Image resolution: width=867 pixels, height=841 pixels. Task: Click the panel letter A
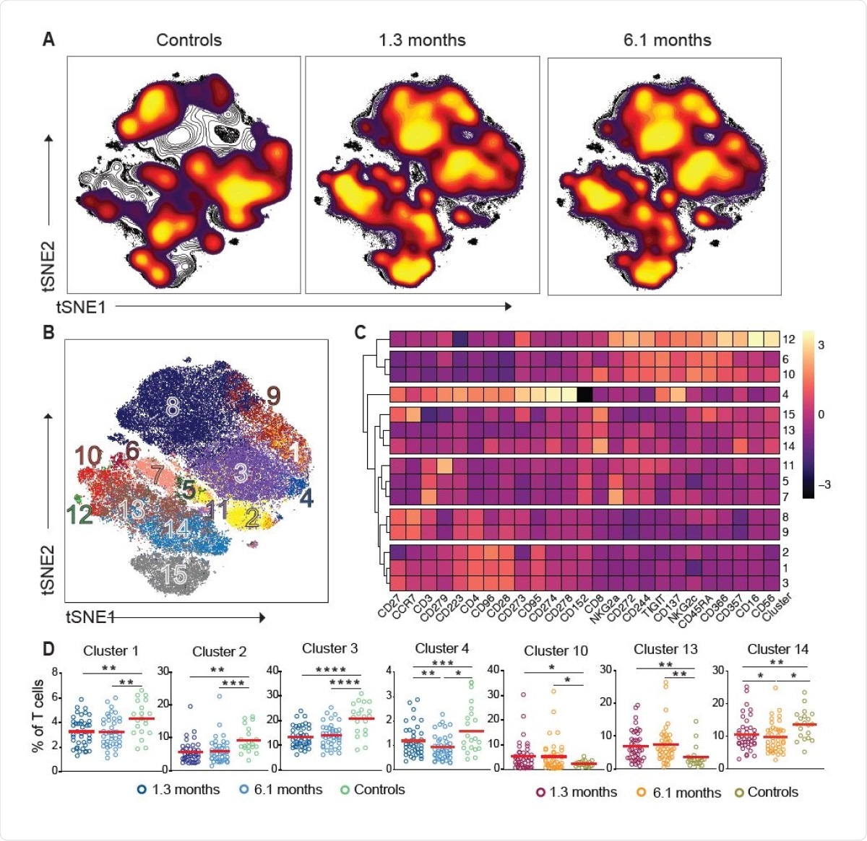tap(48, 39)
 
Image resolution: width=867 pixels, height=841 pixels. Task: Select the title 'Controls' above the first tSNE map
tap(189, 40)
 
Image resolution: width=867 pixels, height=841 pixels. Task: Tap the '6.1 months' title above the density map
tap(667, 40)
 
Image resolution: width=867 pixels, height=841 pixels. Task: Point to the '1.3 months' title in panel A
tap(422, 40)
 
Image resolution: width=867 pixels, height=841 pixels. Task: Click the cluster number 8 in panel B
tap(172, 408)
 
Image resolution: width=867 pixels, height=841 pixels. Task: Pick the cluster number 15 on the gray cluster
tap(174, 575)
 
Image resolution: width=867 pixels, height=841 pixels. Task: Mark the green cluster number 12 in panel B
tap(80, 515)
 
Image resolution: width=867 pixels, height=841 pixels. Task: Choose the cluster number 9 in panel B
tap(272, 396)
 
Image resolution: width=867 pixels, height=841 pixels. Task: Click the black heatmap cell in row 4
tap(585, 394)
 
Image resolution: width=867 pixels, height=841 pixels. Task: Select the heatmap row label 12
tap(788, 339)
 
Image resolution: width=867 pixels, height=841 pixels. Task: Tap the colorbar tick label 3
tap(821, 345)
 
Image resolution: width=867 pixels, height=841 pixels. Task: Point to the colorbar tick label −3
tap(823, 484)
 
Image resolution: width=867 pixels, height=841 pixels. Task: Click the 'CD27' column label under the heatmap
tap(387, 609)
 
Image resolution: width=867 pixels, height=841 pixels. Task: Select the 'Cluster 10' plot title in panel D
tap(556, 651)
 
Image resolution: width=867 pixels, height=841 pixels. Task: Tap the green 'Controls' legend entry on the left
tap(372, 790)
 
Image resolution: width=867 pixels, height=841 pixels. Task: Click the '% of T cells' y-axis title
tap(38, 720)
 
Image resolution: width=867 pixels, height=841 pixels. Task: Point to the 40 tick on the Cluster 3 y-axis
tap(273, 671)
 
